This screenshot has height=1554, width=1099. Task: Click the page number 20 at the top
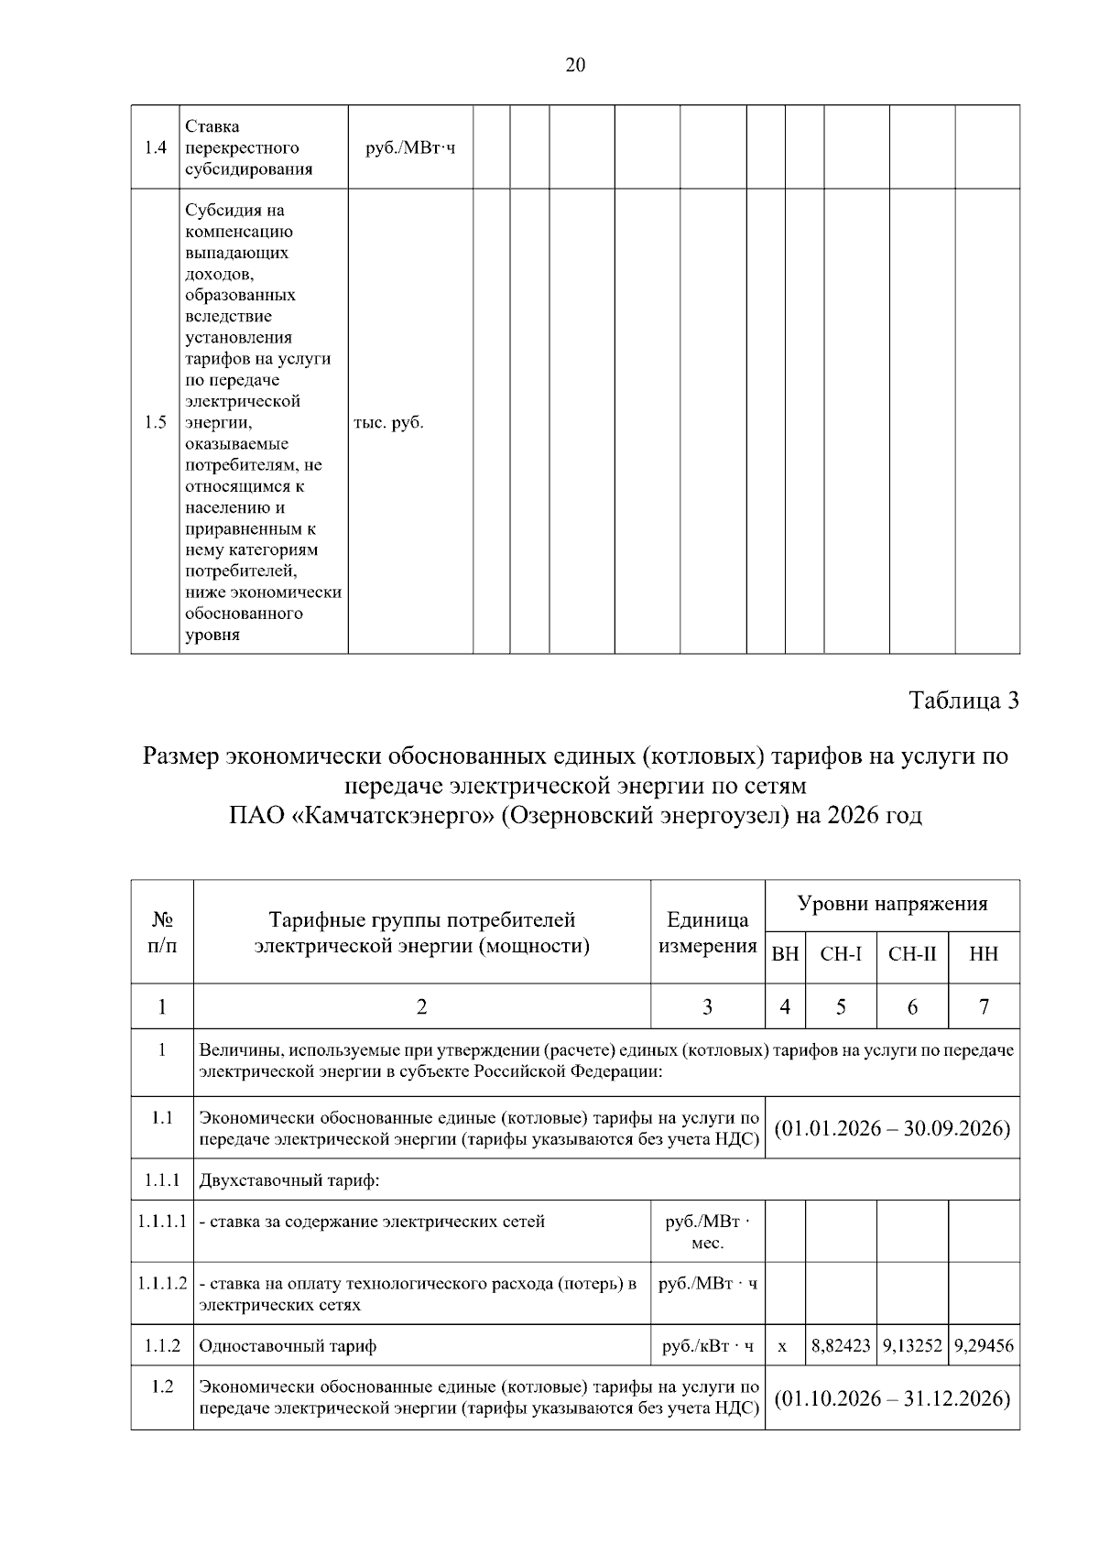[575, 65]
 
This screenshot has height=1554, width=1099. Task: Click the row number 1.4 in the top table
[156, 147]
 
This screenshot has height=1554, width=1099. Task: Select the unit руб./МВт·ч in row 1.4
[409, 147]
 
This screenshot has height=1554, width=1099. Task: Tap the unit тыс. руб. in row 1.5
[388, 422]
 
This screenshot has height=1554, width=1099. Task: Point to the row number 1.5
[156, 422]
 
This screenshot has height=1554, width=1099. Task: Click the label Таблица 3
[963, 701]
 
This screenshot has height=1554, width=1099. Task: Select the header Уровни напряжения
[892, 905]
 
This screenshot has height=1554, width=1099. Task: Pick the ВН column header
[785, 954]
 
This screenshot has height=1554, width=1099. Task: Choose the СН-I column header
[841, 954]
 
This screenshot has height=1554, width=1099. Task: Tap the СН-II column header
[912, 954]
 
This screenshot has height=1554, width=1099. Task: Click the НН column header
[984, 954]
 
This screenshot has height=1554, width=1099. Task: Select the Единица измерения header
[707, 932]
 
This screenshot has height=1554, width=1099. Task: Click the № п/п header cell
[162, 932]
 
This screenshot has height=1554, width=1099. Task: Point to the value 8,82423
[841, 1346]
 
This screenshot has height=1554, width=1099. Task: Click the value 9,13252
[912, 1346]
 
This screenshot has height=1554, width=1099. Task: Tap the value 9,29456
[984, 1346]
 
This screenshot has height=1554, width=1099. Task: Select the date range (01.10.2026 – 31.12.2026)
[892, 1398]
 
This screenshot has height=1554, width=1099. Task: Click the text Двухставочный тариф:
[289, 1179]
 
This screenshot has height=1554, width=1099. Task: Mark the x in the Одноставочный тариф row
[782, 1347]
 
